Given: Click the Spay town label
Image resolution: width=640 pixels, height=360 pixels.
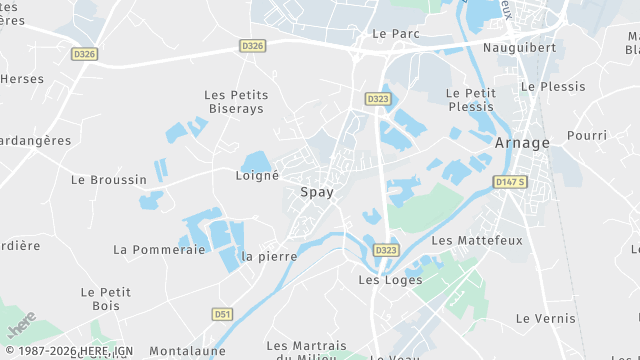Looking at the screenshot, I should (x=317, y=191).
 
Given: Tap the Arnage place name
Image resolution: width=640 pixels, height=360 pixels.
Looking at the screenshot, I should (x=522, y=143).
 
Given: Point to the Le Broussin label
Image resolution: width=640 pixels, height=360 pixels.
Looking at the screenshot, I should (x=109, y=180).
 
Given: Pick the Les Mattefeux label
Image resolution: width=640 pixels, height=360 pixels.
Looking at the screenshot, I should (x=477, y=241).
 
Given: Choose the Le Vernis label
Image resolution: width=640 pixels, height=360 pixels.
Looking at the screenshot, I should (x=545, y=318).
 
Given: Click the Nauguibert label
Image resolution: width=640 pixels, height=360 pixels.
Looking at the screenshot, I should (x=518, y=47).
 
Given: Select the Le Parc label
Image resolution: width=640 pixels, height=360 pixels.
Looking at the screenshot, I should (x=395, y=33).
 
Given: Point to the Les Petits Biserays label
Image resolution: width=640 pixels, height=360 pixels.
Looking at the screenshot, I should (x=236, y=101).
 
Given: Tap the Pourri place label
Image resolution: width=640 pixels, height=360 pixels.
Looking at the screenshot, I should (x=586, y=135).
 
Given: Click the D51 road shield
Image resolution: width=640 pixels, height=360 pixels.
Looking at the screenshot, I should (x=222, y=314).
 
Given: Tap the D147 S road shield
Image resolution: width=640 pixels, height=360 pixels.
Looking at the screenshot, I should (x=510, y=182).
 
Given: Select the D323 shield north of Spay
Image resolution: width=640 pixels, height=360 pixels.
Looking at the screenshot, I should (x=377, y=99).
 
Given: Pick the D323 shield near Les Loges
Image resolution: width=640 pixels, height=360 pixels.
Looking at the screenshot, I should (x=386, y=249).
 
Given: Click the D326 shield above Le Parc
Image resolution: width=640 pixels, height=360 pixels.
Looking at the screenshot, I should (x=252, y=46).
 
